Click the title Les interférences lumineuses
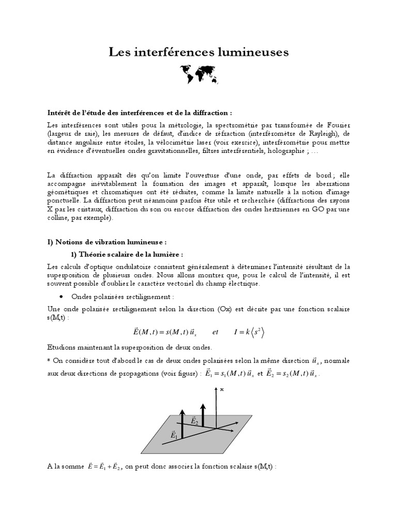pos(198,52)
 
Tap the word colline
pos(59,219)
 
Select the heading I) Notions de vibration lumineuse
pos(108,241)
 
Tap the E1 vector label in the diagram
pos(174,437)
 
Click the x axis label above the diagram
pos(222,390)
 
